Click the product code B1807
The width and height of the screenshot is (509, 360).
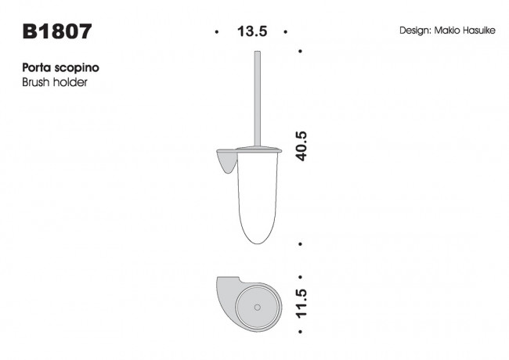click(x=58, y=31)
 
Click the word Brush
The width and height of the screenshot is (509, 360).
click(x=38, y=82)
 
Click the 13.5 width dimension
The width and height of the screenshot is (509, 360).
click(x=252, y=32)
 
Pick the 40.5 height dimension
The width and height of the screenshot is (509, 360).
click(x=301, y=146)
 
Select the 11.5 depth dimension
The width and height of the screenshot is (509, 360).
click(x=301, y=304)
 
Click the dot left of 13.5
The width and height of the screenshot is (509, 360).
click(x=217, y=32)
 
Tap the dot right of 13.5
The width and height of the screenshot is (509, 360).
click(x=287, y=32)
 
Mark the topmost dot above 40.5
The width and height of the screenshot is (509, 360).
click(x=301, y=51)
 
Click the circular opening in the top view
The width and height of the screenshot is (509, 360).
click(x=258, y=303)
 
